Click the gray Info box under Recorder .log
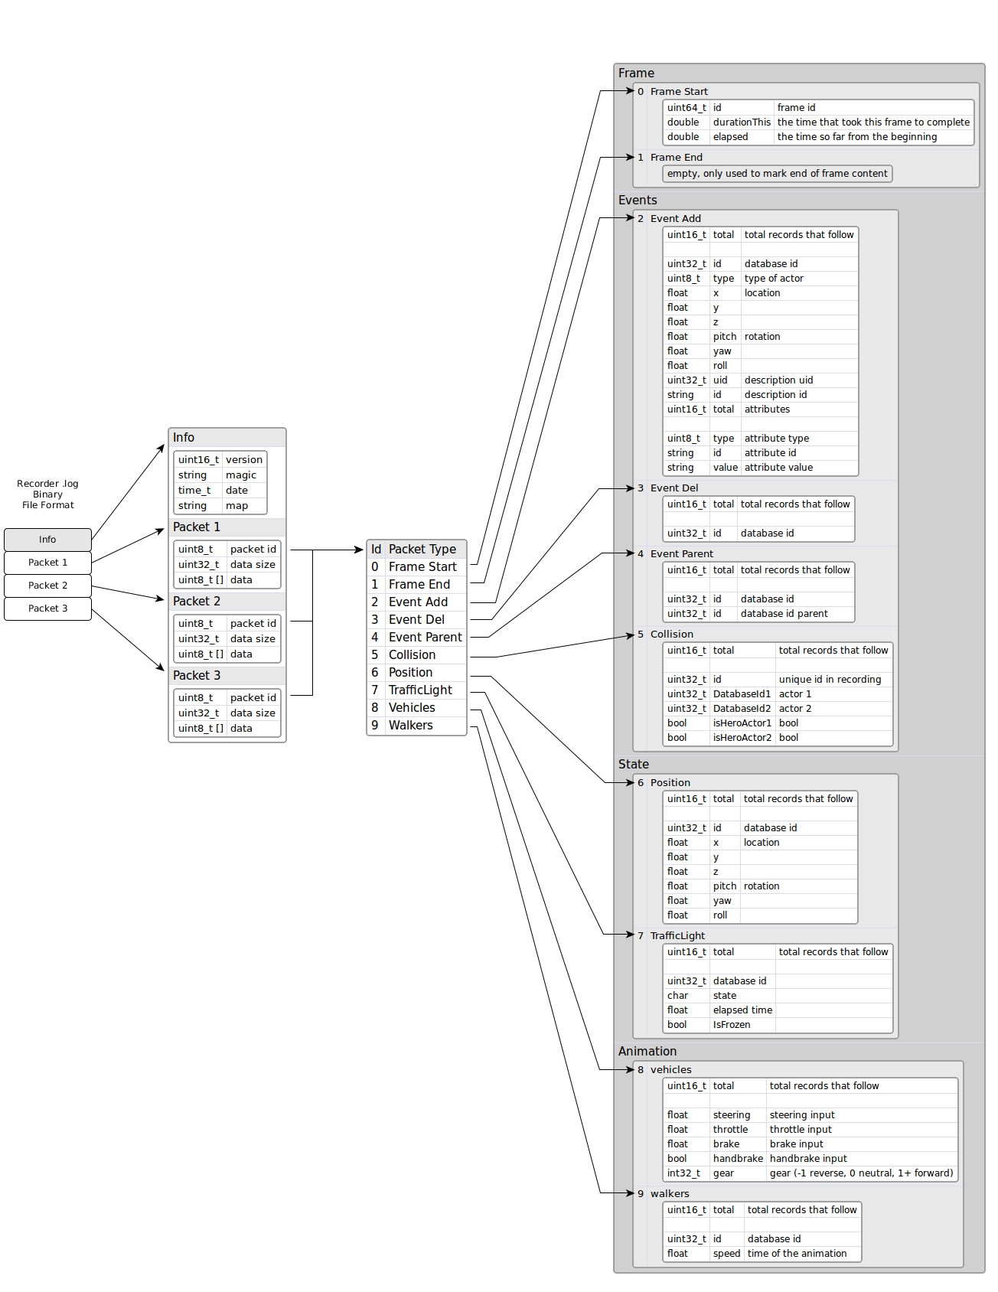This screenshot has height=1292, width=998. click(47, 540)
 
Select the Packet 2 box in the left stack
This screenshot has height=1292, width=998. click(47, 586)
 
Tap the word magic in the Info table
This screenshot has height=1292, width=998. click(241, 475)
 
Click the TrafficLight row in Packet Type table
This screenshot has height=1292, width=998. click(419, 690)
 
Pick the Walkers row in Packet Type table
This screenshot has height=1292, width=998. click(410, 726)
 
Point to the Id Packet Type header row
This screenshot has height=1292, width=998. click(416, 550)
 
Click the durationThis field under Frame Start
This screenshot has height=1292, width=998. click(742, 122)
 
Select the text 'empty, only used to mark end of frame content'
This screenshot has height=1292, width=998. click(777, 174)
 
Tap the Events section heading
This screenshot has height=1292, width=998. click(638, 201)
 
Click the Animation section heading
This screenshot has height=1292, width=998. click(647, 1052)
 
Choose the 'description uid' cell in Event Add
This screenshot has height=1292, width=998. click(778, 380)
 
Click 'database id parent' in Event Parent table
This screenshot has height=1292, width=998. click(784, 614)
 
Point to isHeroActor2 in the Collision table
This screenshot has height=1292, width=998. click(742, 738)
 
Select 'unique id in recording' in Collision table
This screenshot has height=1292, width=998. click(830, 680)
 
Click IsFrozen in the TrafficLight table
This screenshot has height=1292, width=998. click(731, 1025)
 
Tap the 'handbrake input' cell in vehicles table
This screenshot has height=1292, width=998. click(807, 1159)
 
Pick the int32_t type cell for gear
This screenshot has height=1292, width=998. click(683, 1173)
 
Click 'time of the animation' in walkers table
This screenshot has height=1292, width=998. click(797, 1254)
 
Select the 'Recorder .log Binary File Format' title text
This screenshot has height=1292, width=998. click(47, 494)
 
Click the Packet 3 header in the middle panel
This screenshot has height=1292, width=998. click(197, 676)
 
